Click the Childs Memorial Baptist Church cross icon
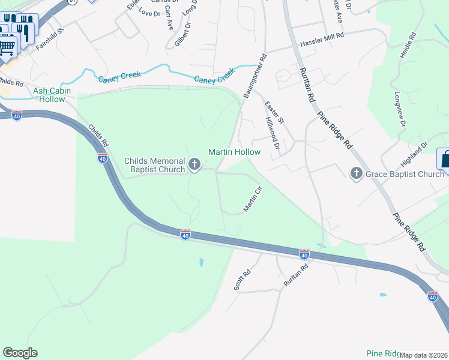[194, 164]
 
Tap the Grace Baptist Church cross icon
[356, 174]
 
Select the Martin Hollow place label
[234, 152]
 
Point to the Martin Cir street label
[253, 199]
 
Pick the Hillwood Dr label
[273, 133]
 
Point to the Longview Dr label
[400, 109]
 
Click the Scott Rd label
[242, 278]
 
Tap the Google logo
[20, 353]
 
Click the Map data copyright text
[423, 355]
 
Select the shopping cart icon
[7, 46]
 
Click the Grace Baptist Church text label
[405, 175]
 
